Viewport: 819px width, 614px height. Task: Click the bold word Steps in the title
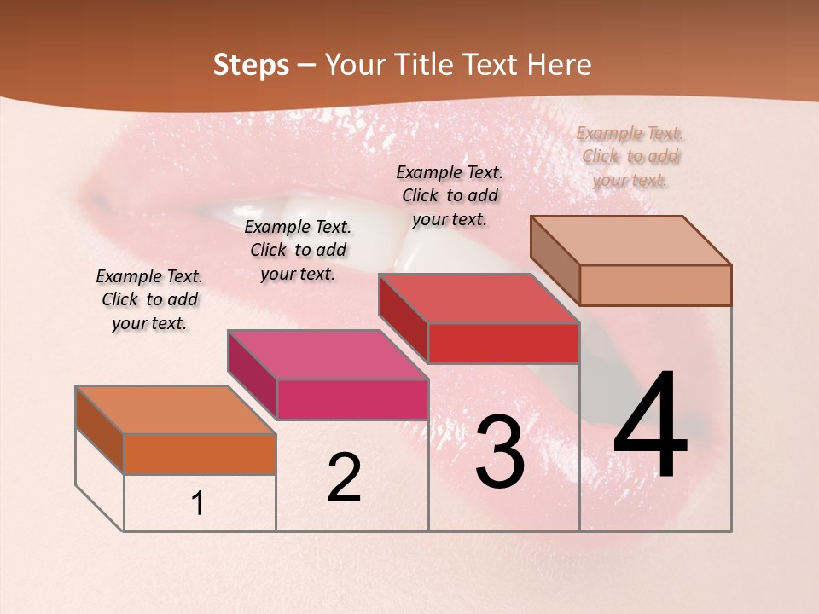[x=251, y=65]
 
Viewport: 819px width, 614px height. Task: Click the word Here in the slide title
[x=559, y=65]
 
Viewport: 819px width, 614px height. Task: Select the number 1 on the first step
[x=198, y=504]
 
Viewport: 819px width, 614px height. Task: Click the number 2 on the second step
[x=344, y=478]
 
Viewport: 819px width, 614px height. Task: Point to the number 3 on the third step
[x=499, y=453]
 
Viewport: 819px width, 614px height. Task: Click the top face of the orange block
[x=175, y=410]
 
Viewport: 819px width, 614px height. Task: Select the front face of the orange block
[x=200, y=455]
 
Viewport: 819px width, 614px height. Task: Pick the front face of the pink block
[x=352, y=400]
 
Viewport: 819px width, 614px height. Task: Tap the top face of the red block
[x=479, y=299]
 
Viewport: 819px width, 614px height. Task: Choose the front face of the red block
[x=503, y=344]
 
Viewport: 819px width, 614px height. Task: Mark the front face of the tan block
[x=655, y=285]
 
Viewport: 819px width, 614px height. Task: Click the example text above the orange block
[x=149, y=300]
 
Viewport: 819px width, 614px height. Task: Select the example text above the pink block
[x=298, y=251]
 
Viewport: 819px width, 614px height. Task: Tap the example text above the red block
[x=450, y=195]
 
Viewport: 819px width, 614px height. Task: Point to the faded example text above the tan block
[x=630, y=156]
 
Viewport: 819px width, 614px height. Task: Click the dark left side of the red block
[x=403, y=317]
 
